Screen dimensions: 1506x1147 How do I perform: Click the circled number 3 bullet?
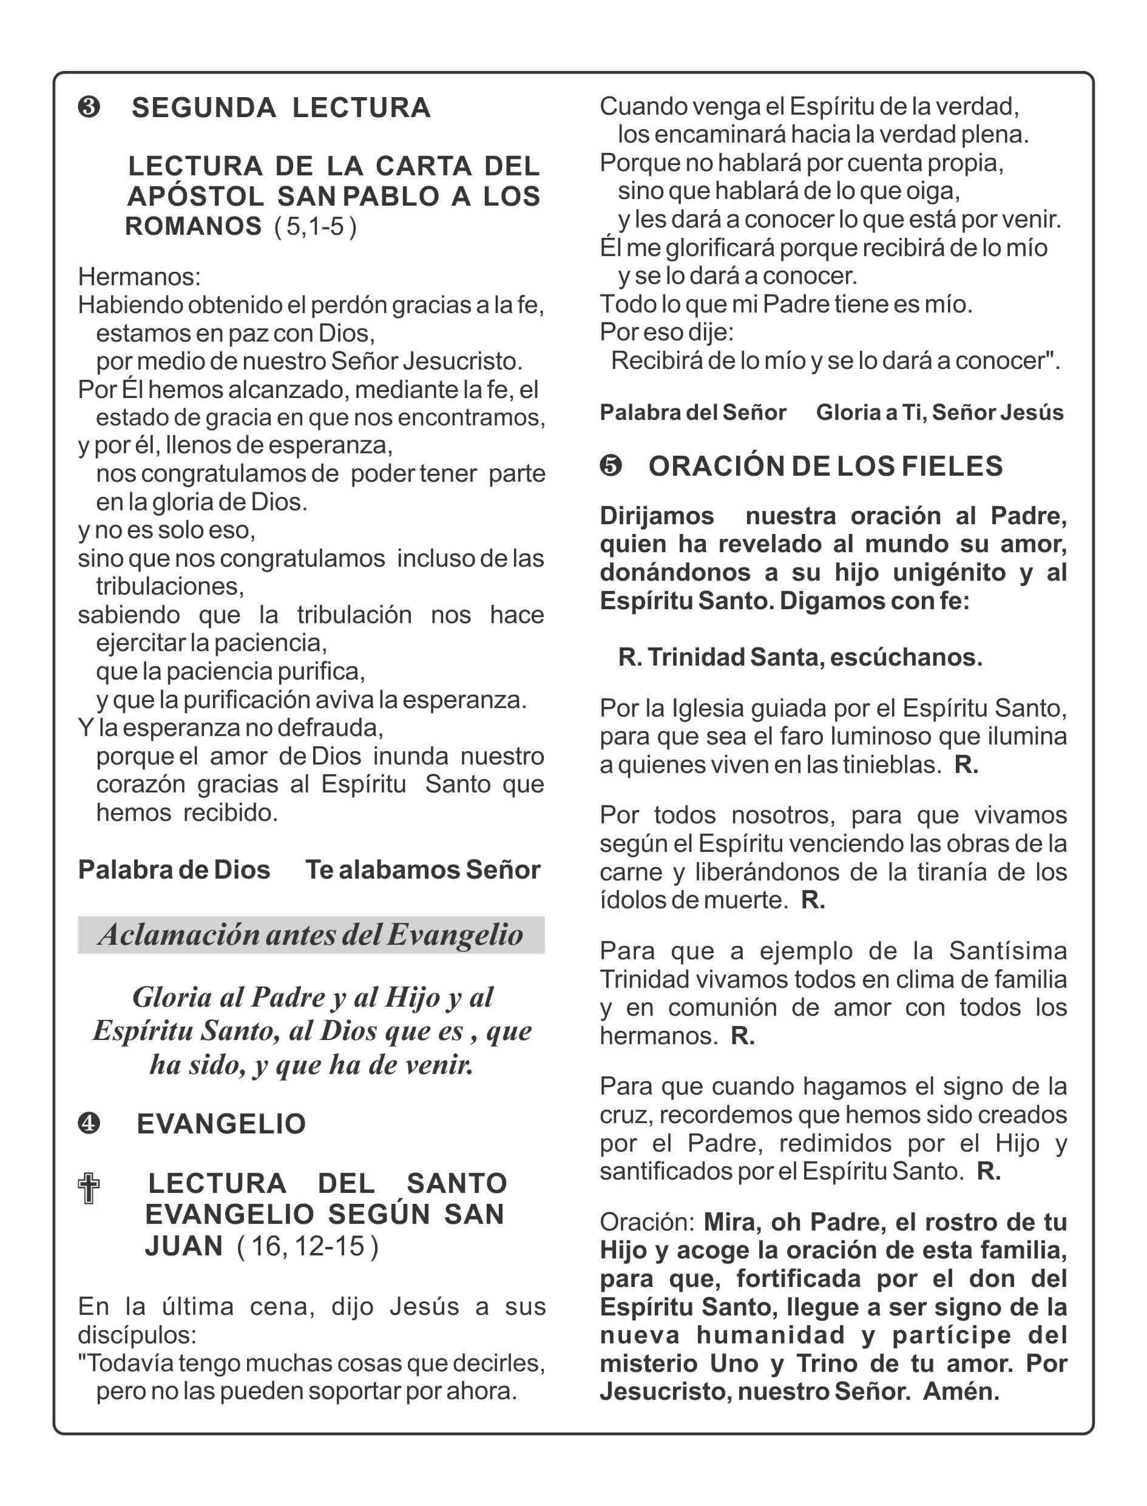pyautogui.click(x=89, y=108)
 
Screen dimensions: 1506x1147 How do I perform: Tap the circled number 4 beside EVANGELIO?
pyautogui.click(x=89, y=1124)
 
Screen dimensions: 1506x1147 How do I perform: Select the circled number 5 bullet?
pyautogui.click(x=611, y=465)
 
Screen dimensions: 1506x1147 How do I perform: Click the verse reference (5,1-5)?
pyautogui.click(x=315, y=226)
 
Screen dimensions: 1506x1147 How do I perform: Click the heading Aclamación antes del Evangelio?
pyautogui.click(x=311, y=934)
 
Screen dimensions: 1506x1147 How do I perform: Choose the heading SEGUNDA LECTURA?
pyautogui.click(x=280, y=108)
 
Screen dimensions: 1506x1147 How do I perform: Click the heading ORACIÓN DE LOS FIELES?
pyautogui.click(x=825, y=465)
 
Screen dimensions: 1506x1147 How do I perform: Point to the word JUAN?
pyautogui.click(x=184, y=1246)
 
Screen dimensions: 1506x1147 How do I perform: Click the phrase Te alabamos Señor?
pyautogui.click(x=422, y=869)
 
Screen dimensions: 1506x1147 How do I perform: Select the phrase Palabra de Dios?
pyautogui.click(x=174, y=869)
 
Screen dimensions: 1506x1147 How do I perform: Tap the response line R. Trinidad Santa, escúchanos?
pyautogui.click(x=800, y=657)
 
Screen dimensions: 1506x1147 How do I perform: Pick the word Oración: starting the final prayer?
pyautogui.click(x=646, y=1221)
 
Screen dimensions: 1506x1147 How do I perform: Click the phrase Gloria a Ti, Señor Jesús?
pyautogui.click(x=939, y=413)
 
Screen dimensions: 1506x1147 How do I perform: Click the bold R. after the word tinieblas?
pyautogui.click(x=966, y=765)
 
